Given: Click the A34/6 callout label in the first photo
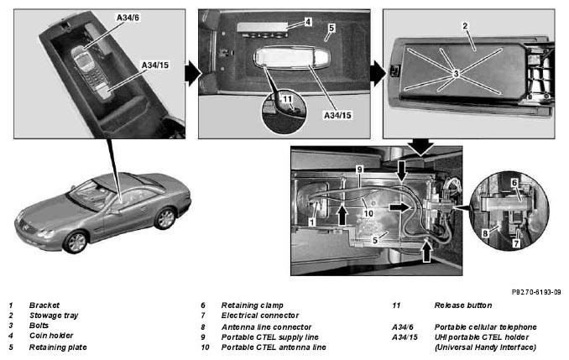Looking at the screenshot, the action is [x=128, y=18].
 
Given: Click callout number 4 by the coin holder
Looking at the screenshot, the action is [x=308, y=22].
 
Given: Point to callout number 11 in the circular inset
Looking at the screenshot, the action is [x=287, y=99].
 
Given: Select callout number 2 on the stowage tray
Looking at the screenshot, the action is [x=465, y=26].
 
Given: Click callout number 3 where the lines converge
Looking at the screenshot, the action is [x=457, y=73].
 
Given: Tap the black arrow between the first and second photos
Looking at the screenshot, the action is [x=192, y=74].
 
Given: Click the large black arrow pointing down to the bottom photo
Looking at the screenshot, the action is [x=421, y=147].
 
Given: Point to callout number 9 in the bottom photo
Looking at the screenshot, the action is [x=359, y=170].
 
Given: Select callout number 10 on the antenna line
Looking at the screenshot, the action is [x=368, y=213].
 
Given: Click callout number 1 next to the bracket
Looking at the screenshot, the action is [x=311, y=222].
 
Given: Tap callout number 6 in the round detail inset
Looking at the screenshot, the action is [x=514, y=183].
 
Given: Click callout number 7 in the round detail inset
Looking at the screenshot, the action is [x=516, y=243].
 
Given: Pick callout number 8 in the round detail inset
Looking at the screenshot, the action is [x=485, y=234].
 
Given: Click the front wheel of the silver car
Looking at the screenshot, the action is [x=76, y=243].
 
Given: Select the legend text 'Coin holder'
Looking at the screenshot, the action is [x=51, y=336].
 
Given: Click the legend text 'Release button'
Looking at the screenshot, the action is [x=463, y=305].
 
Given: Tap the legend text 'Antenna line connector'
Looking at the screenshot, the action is [x=266, y=327].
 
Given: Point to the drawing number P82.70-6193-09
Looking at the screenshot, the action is [x=536, y=292].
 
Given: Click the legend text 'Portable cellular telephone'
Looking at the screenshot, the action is [x=486, y=327].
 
